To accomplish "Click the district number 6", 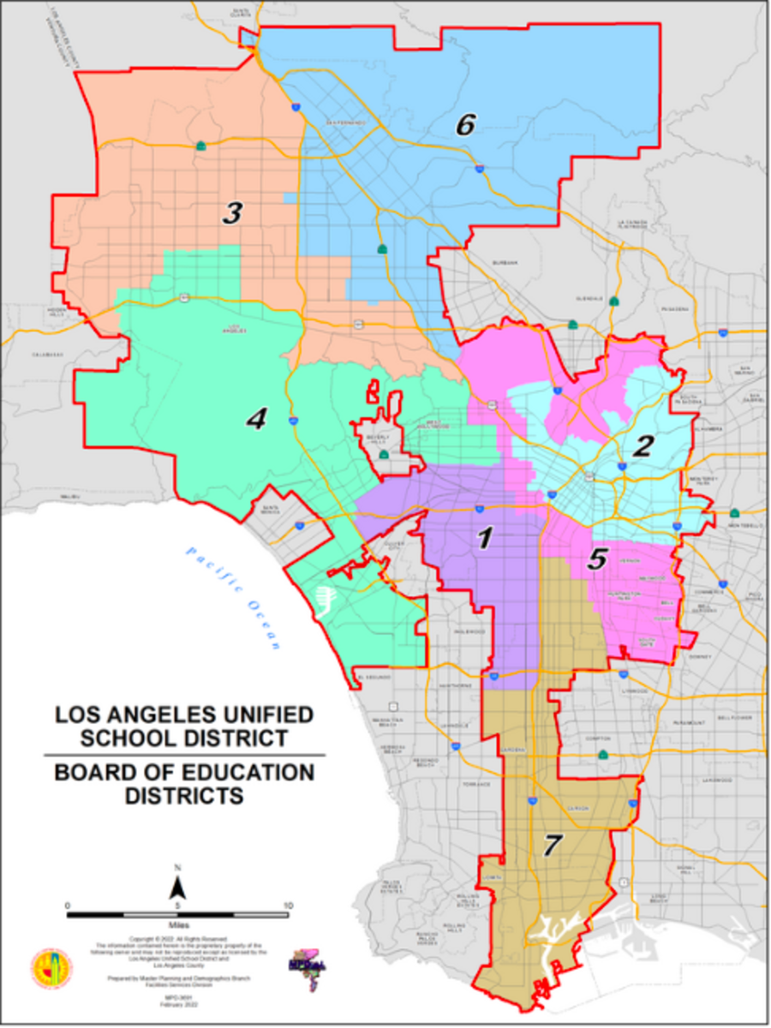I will click(x=464, y=125).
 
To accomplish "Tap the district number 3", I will click(x=231, y=213).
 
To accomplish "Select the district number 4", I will click(x=255, y=419).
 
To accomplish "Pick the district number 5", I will click(x=597, y=559).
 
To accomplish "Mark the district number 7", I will click(x=553, y=845).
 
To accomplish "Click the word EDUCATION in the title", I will click(x=236, y=773).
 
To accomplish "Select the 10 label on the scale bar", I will click(x=288, y=905).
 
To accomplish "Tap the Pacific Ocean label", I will click(x=231, y=596).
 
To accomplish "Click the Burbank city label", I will click(x=505, y=263).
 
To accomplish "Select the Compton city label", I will click(x=598, y=738).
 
